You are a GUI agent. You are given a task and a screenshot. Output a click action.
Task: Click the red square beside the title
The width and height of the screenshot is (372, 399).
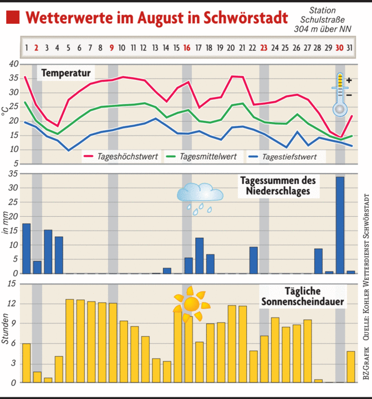(13, 17)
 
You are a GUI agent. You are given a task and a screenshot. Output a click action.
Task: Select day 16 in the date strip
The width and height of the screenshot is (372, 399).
(187, 48)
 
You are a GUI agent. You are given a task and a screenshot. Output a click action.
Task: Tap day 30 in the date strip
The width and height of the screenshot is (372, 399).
(339, 48)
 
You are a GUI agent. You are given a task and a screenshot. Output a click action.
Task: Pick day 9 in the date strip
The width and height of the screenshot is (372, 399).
(112, 48)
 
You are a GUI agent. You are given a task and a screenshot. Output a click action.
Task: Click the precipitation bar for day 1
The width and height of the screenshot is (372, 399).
(26, 248)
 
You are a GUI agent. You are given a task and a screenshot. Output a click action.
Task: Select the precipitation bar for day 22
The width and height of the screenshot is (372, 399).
(253, 260)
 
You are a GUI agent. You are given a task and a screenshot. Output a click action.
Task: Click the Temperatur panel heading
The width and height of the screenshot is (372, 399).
(66, 73)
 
